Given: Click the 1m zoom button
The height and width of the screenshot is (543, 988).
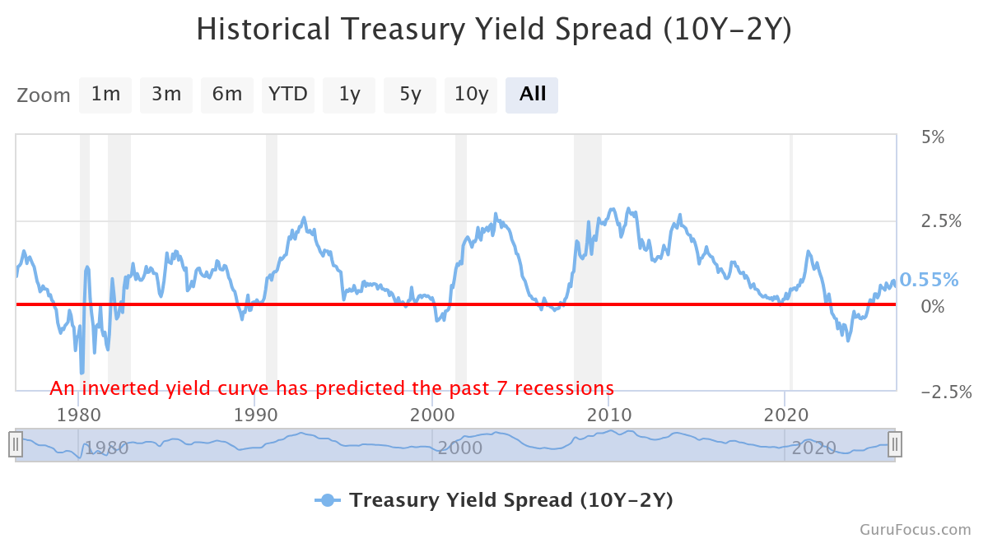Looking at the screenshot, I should click(105, 95).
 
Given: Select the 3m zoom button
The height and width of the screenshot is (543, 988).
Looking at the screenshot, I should click(165, 95).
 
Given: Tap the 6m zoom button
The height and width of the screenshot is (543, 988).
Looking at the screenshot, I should click(226, 95).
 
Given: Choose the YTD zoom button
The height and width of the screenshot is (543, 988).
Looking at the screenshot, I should click(287, 95).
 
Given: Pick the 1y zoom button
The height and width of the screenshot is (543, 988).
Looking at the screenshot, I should click(349, 95).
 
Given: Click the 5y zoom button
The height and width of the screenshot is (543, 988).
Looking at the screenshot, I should click(410, 95).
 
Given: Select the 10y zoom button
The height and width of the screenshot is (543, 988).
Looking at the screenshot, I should click(471, 95).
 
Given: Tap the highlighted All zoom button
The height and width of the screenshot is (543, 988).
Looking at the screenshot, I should click(532, 95).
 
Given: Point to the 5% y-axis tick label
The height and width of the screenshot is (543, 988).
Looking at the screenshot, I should click(932, 137).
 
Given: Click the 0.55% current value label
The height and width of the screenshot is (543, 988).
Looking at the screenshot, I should click(929, 280).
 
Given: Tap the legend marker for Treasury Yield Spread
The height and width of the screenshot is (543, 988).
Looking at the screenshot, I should click(328, 500).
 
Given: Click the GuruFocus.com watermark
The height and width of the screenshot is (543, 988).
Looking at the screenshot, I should click(916, 530).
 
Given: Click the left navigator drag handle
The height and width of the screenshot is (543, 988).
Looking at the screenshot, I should click(15, 445).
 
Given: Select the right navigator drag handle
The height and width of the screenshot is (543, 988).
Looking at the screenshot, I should click(895, 445).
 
